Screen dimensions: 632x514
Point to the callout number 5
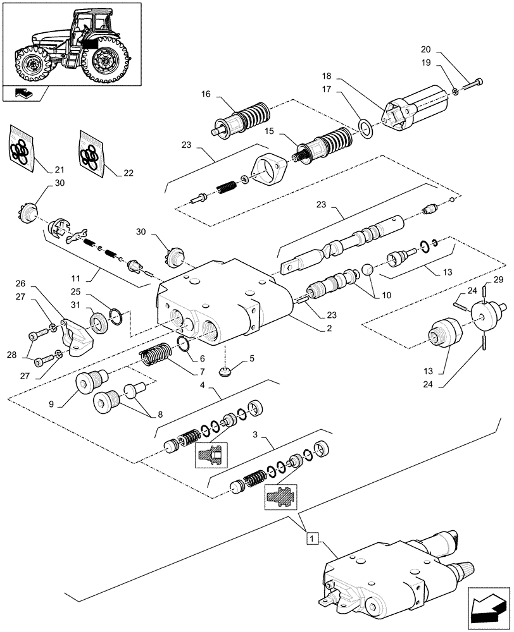tap(251, 358)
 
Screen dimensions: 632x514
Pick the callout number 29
tap(498, 279)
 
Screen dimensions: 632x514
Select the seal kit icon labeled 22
tap(92, 151)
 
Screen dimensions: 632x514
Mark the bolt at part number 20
tap(473, 83)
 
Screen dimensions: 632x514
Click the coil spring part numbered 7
tap(154, 353)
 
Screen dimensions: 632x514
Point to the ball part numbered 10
tap(366, 272)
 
